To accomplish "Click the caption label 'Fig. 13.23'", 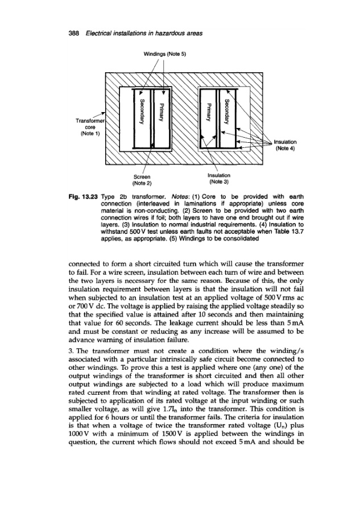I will [104, 197].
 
